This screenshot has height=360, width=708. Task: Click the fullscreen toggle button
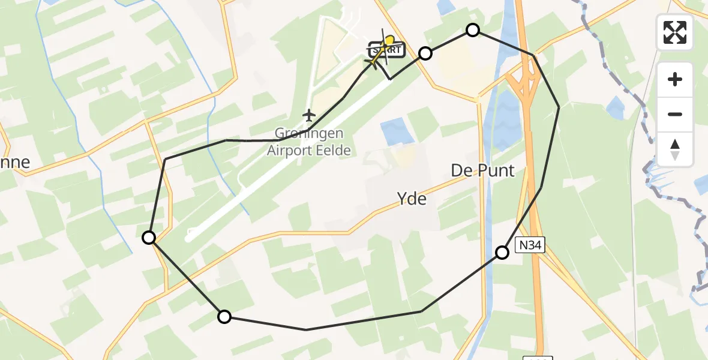[x=675, y=32]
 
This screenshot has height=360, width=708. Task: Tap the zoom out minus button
[x=675, y=114]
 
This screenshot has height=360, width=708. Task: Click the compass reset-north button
[x=675, y=149]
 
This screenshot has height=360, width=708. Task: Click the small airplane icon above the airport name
[x=308, y=114]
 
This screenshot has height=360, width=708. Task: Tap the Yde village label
[x=412, y=198]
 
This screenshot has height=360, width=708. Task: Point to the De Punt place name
[x=482, y=170]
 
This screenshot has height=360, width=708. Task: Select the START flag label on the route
[x=383, y=50]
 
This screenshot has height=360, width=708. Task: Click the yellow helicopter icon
[x=389, y=44]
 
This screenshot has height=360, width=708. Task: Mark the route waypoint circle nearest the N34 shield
[x=502, y=253]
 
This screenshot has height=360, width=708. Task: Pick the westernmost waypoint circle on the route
[x=149, y=238]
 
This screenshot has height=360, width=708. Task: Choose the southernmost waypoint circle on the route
[x=224, y=317]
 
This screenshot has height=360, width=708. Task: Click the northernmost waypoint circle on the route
[x=473, y=30]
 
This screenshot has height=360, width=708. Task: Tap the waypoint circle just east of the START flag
[x=425, y=53]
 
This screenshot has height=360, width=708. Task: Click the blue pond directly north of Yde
[x=396, y=130]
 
